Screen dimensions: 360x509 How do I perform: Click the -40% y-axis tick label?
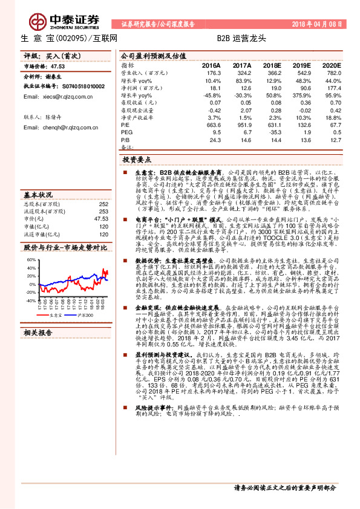coord(30,300)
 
